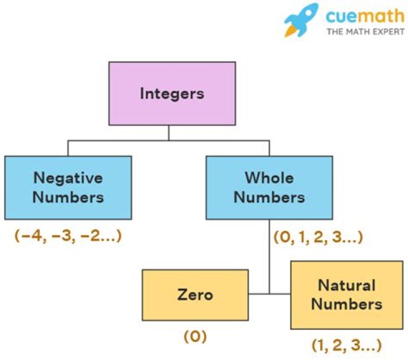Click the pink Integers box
[x=172, y=93]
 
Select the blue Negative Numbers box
[x=68, y=187]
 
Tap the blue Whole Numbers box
[x=269, y=187]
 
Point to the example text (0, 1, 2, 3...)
[x=317, y=236]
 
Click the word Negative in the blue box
[x=68, y=177]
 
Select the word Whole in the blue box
[x=269, y=177]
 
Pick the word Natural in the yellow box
[x=346, y=285]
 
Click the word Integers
[x=172, y=93]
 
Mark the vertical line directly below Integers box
[x=169, y=133]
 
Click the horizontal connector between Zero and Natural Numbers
[x=270, y=294]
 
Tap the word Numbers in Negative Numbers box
[x=68, y=197]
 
